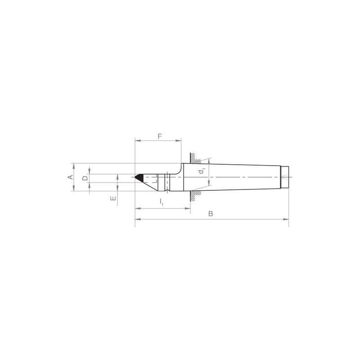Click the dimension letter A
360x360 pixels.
(70, 177)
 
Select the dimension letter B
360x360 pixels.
(210, 214)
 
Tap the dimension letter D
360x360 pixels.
(85, 178)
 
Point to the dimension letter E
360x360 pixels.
(113, 198)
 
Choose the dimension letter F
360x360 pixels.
(158, 135)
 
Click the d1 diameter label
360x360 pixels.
(203, 171)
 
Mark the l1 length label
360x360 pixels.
(162, 203)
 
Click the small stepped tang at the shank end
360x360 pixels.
(285, 177)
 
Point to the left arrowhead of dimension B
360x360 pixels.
(137, 220)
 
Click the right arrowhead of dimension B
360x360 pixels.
(287, 220)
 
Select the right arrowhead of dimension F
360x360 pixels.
(179, 141)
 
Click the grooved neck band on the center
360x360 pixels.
(167, 182)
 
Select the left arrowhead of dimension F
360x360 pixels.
(137, 141)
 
